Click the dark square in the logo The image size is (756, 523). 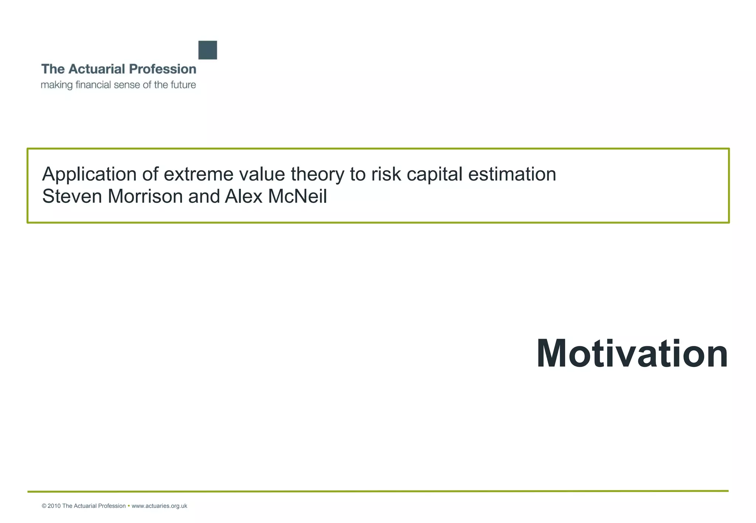[207, 50]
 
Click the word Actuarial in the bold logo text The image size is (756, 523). [97, 69]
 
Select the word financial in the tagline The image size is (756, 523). [93, 85]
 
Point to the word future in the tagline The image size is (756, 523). [183, 85]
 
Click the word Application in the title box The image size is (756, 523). [89, 174]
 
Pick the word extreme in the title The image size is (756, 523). [198, 174]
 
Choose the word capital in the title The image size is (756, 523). [434, 174]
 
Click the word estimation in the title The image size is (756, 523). [512, 174]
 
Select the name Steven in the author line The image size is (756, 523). [72, 196]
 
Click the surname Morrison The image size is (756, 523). [145, 196]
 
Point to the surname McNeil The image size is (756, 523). [298, 196]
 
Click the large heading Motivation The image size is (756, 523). [632, 354]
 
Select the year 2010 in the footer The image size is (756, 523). [54, 506]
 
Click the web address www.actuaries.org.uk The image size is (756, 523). [159, 506]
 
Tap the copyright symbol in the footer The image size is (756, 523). [44, 506]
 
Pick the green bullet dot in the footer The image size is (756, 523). [128, 506]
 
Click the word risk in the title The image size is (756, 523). [386, 174]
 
